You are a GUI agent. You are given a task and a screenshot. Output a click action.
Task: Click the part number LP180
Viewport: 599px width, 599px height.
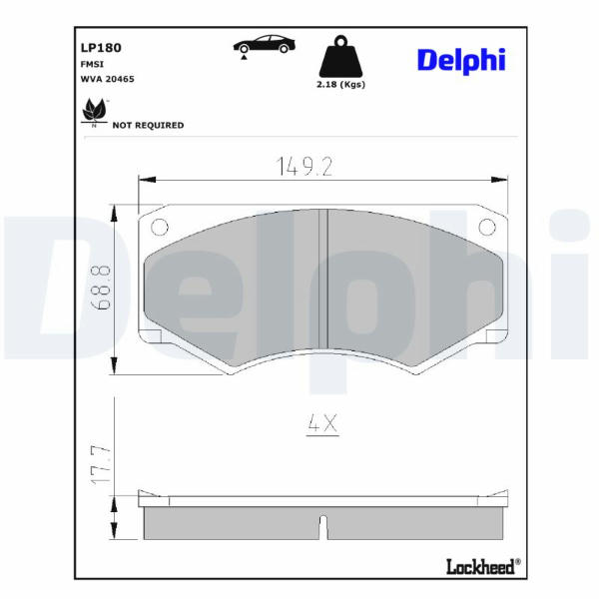click(101, 48)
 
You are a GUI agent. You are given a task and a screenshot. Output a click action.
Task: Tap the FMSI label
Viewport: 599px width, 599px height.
click(92, 64)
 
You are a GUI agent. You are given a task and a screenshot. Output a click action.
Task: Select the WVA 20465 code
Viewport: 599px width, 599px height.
click(108, 79)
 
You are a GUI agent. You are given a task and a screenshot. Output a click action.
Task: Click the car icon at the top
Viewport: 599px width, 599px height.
click(264, 46)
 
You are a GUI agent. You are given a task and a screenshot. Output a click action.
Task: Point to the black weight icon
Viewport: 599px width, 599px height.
click(340, 56)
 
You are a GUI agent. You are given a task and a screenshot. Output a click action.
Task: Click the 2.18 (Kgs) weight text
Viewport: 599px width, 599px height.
click(340, 85)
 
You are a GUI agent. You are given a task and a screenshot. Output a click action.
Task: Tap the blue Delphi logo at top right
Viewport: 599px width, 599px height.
click(461, 61)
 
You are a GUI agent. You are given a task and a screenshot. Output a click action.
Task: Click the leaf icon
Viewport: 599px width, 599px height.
click(94, 112)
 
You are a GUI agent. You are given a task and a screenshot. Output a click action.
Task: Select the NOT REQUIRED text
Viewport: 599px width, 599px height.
click(148, 126)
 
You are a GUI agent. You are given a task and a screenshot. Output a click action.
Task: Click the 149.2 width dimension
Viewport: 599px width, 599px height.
click(304, 167)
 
